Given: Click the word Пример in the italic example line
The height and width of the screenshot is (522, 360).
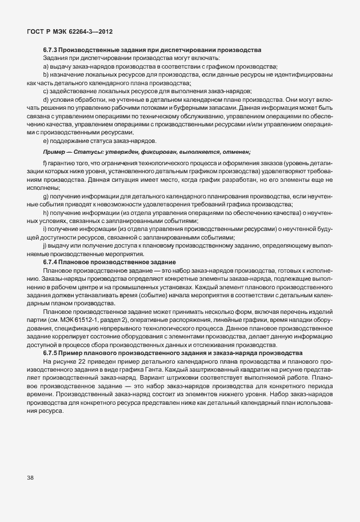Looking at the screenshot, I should pyautogui.click(x=53, y=151).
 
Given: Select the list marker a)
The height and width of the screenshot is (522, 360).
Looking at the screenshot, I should pyautogui.click(x=45, y=67).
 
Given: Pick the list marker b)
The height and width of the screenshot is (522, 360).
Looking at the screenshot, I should pyautogui.click(x=45, y=75).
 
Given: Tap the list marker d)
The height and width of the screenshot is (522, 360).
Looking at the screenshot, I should pyautogui.click(x=45, y=99).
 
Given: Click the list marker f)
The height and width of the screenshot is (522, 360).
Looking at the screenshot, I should pyautogui.click(x=45, y=165).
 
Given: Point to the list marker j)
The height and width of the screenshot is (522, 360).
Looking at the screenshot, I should pyautogui.click(x=45, y=245).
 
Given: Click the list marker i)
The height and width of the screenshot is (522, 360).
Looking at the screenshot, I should pyautogui.click(x=45, y=229).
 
